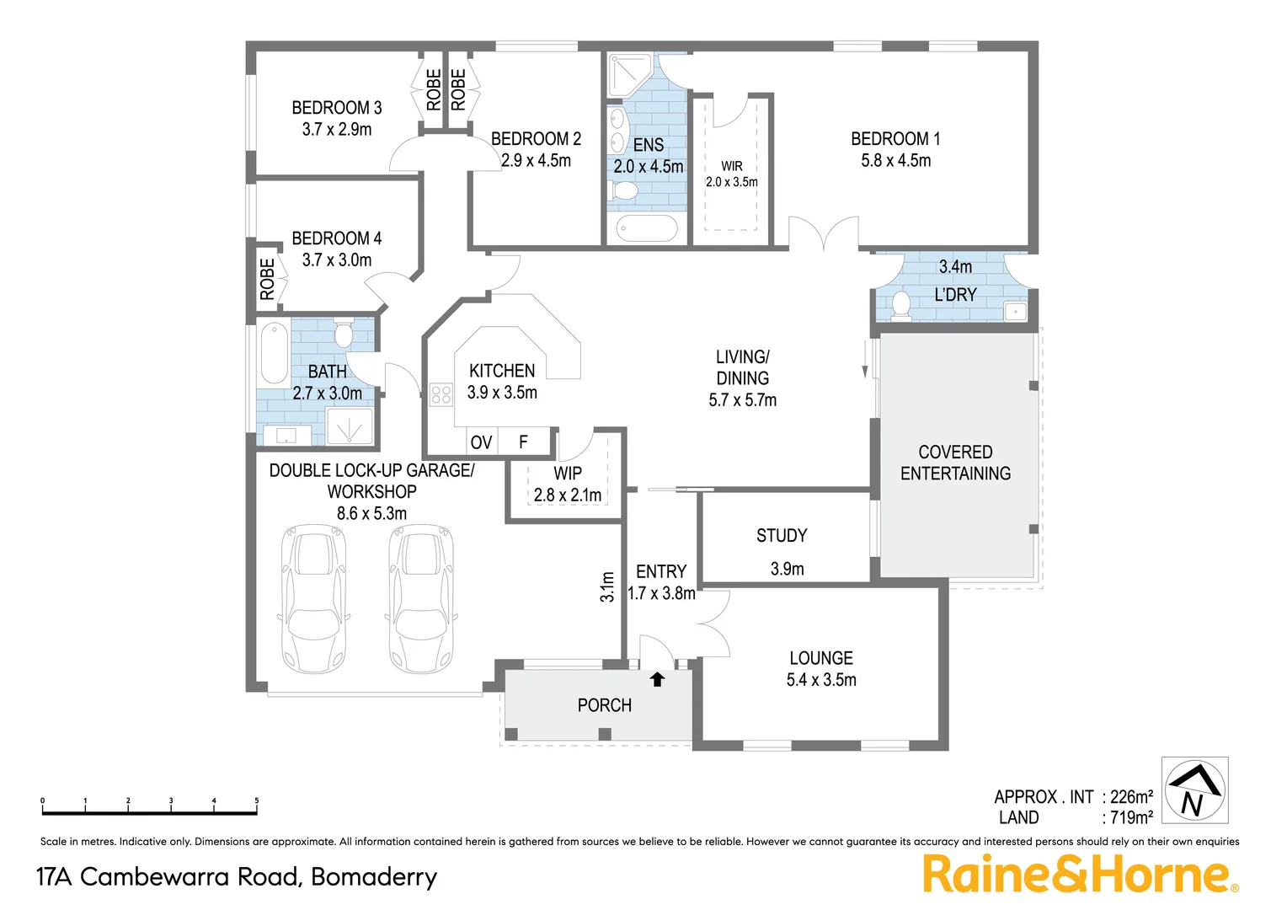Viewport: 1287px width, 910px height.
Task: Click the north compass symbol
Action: pos(1194,790)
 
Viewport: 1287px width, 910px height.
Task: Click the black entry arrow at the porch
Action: pos(657,679)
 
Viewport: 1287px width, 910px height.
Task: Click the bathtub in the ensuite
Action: pos(647,228)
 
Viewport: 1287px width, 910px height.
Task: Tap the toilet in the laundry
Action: pos(901,305)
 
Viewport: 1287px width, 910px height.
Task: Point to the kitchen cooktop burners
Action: pos(441,394)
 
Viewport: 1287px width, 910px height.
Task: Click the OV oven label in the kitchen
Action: pos(481,442)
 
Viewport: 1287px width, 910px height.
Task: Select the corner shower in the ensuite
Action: pos(627,73)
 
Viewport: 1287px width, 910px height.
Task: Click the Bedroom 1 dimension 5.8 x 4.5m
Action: pos(895,161)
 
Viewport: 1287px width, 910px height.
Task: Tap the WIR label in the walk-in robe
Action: pos(731,166)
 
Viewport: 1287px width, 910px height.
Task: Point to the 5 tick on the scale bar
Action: pos(256,802)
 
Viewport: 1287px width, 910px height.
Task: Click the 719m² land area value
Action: pos(1131,817)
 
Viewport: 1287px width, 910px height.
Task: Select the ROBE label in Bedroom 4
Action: pos(267,279)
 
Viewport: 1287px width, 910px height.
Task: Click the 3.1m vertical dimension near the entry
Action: pos(607,586)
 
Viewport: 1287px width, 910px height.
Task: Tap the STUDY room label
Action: pos(781,536)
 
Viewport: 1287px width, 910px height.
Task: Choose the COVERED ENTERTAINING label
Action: pos(955,463)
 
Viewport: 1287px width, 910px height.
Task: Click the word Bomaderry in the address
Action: pos(374,877)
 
